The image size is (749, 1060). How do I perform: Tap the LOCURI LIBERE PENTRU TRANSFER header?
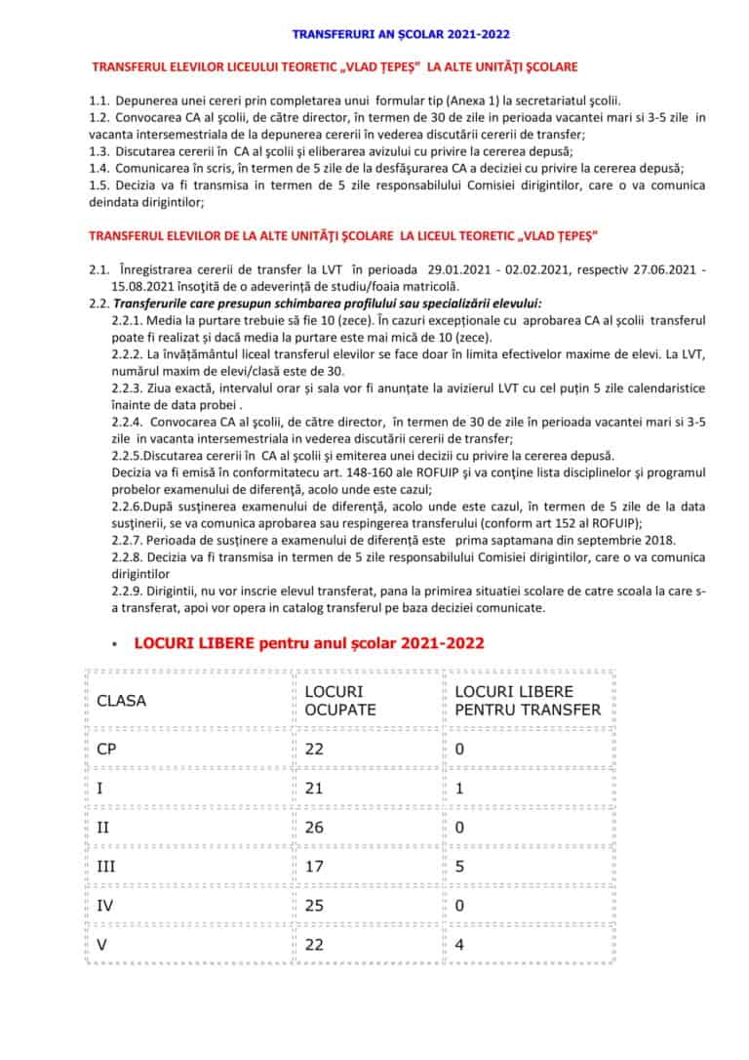point(528,701)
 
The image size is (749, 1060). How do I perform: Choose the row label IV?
point(105,905)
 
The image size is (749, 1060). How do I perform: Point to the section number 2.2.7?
point(129,541)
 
